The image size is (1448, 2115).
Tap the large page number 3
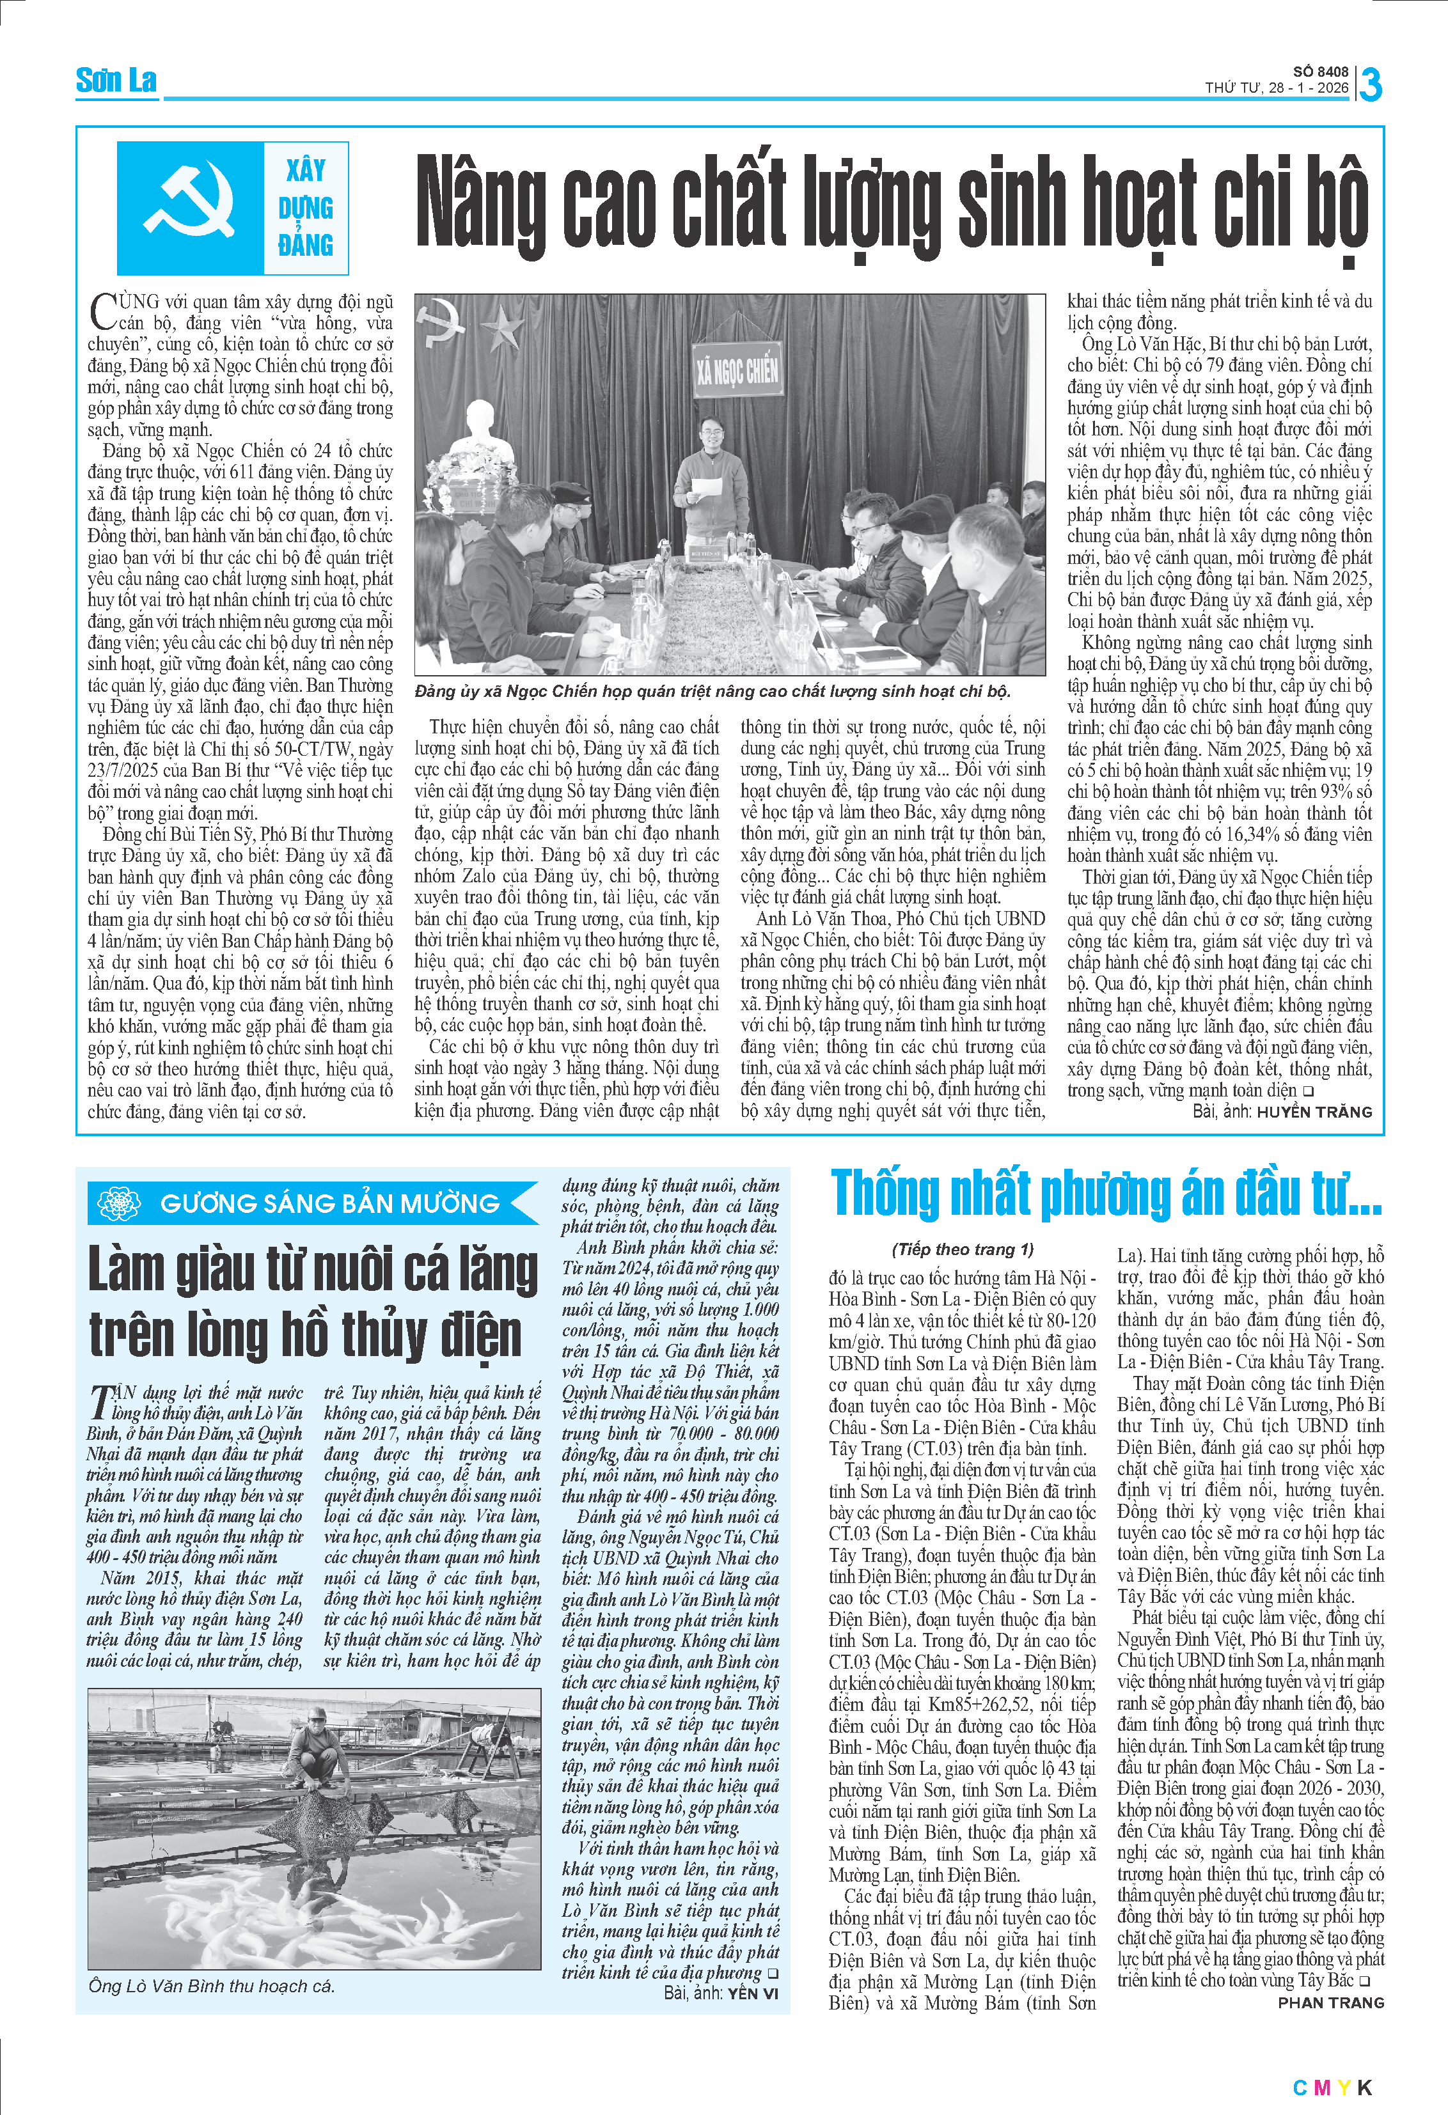pyautogui.click(x=1370, y=84)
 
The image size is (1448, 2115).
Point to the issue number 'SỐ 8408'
pyautogui.click(x=1321, y=71)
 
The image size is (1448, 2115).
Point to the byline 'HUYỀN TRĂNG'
pyautogui.click(x=1314, y=1111)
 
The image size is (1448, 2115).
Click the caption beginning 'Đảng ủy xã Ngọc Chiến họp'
pyautogui.click(x=712, y=692)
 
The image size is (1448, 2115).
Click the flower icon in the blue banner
pyautogui.click(x=118, y=1203)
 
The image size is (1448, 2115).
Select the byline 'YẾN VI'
pyautogui.click(x=753, y=1993)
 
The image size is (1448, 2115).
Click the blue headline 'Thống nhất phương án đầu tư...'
pyautogui.click(x=1106, y=1194)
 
